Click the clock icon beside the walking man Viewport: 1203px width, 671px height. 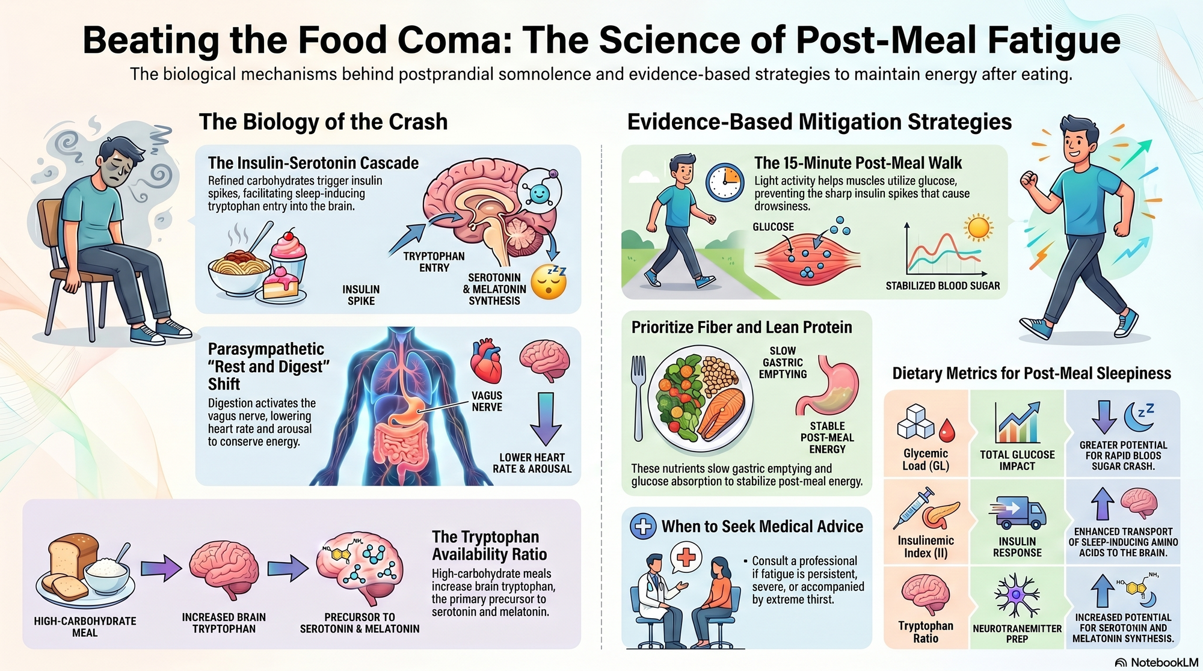tap(724, 182)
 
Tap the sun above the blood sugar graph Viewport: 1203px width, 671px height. tap(978, 228)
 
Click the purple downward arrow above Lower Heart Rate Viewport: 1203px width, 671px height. tap(546, 418)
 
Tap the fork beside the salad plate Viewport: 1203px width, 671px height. tap(638, 397)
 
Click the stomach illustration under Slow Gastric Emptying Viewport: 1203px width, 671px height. tap(828, 387)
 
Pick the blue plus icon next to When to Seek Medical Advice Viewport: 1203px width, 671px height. tap(643, 526)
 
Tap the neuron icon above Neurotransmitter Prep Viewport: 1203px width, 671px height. tap(1017, 595)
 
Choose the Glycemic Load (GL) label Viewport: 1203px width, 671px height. tap(925, 459)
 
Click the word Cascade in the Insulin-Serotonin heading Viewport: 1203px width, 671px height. tap(389, 163)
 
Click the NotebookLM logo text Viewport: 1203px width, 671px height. tap(1164, 662)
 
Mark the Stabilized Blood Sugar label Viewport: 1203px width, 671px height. tap(943, 286)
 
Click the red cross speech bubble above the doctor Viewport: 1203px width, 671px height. tap(686, 557)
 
